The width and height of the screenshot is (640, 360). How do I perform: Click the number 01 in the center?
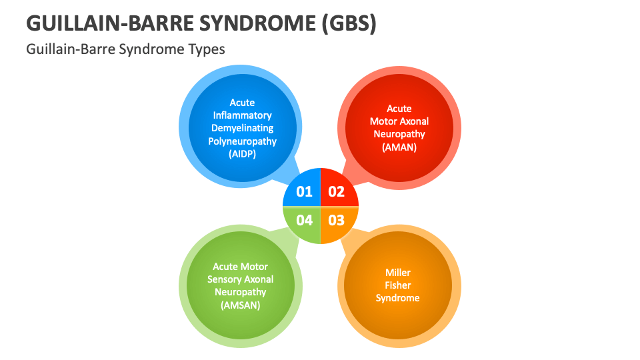pyautogui.click(x=305, y=192)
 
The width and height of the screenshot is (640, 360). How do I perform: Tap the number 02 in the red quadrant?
pyautogui.click(x=337, y=192)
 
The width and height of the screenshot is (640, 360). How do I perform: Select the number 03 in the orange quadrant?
pyautogui.click(x=337, y=220)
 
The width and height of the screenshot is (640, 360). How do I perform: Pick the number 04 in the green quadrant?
pyautogui.click(x=305, y=220)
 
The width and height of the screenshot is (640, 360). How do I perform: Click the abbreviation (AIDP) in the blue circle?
pyautogui.click(x=242, y=154)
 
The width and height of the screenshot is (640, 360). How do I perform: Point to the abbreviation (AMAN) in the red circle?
pyautogui.click(x=399, y=147)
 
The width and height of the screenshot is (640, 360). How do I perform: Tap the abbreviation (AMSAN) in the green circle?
pyautogui.click(x=240, y=305)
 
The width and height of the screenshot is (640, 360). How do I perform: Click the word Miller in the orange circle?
pyautogui.click(x=398, y=273)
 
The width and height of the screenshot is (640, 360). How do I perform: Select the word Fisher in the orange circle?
pyautogui.click(x=398, y=285)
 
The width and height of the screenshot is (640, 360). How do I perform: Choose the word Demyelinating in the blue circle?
pyautogui.click(x=242, y=128)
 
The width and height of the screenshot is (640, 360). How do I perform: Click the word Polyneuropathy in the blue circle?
pyautogui.click(x=242, y=141)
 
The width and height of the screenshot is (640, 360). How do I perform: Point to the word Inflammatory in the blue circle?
pyautogui.click(x=242, y=115)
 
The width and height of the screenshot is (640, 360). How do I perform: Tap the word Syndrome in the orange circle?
pyautogui.click(x=398, y=298)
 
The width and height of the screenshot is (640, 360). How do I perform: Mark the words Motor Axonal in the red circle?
pyautogui.click(x=399, y=121)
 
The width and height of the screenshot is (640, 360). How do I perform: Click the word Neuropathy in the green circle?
pyautogui.click(x=240, y=292)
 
